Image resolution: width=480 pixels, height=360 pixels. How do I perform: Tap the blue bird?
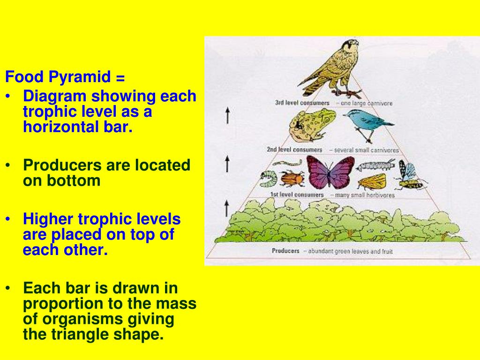(x=368, y=124)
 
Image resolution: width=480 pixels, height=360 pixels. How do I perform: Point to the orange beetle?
(x=292, y=178)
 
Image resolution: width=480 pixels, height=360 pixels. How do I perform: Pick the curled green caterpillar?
(x=269, y=179)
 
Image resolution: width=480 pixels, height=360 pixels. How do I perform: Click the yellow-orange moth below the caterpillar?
(x=372, y=181)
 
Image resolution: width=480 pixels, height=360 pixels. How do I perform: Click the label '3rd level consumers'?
(x=302, y=103)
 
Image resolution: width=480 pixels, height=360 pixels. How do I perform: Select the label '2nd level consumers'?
(x=294, y=150)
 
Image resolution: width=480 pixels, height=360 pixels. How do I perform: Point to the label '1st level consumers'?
(x=297, y=195)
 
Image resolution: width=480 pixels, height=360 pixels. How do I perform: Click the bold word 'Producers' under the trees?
(x=285, y=251)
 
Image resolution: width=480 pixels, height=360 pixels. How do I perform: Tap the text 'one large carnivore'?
(x=367, y=104)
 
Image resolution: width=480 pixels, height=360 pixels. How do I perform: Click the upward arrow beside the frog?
(x=227, y=115)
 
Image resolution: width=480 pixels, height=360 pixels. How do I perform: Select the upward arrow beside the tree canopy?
(x=226, y=209)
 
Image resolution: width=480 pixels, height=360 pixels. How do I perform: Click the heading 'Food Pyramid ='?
(x=65, y=77)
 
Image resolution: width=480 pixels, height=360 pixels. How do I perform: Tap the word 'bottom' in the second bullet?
(x=74, y=180)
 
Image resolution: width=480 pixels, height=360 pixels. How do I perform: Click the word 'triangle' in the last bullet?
(x=80, y=335)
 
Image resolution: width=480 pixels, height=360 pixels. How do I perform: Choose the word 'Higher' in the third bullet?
(x=48, y=219)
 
